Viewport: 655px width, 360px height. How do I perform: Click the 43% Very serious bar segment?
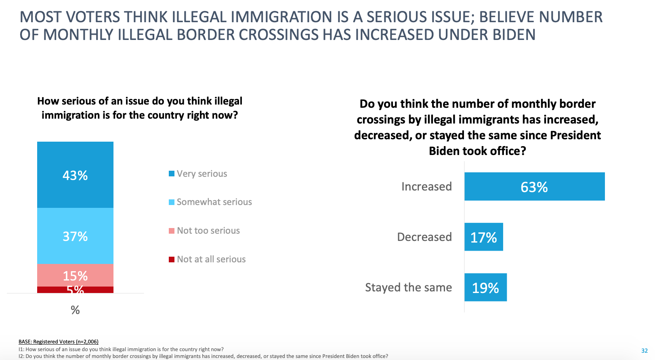pos(75,175)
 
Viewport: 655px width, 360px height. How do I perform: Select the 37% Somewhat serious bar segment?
pos(75,236)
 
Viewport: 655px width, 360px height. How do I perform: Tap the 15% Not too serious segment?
pos(75,275)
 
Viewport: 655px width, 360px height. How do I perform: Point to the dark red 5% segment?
pos(75,290)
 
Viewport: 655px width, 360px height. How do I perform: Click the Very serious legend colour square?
pos(172,174)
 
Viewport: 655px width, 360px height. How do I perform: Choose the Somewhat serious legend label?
pos(214,202)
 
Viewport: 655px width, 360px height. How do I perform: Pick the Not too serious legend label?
pos(208,230)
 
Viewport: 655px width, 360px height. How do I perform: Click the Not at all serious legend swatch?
pos(172,260)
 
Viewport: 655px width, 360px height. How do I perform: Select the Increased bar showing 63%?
pos(534,186)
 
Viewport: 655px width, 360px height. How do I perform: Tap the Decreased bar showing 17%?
pos(483,237)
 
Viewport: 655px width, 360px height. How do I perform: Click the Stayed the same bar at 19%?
pos(485,287)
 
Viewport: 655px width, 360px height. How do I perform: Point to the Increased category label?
pos(426,186)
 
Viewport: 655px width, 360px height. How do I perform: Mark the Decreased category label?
pos(424,237)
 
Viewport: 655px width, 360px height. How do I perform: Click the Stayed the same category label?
pos(408,287)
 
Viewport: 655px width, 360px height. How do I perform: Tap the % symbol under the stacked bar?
pos(75,310)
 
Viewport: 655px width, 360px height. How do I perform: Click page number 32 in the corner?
pos(645,351)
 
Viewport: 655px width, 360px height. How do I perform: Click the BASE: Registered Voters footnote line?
pos(59,342)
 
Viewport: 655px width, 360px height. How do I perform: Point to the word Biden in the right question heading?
pos(444,151)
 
